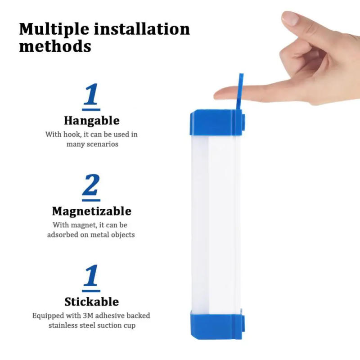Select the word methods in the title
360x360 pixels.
click(x=55, y=46)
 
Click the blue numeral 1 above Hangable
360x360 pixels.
click(x=91, y=96)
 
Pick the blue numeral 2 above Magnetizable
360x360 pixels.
click(x=91, y=186)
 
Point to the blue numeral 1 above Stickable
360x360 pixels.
click(x=91, y=276)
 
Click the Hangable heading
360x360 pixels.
click(x=91, y=121)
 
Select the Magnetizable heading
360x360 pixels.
click(x=91, y=211)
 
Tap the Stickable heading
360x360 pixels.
click(x=91, y=301)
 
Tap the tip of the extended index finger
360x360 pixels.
click(x=218, y=94)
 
